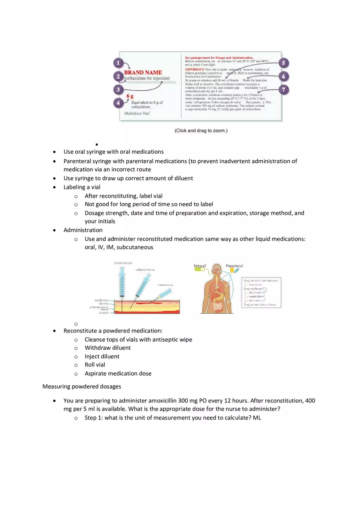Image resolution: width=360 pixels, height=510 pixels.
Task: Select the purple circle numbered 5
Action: tap(283, 63)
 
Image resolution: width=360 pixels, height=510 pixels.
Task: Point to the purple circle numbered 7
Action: tap(283, 90)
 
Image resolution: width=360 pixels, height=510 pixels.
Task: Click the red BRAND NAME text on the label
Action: tap(143, 72)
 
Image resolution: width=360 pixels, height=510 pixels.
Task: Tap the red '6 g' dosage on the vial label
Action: tap(130, 96)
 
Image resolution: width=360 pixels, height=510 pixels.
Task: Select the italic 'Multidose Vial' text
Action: tap(137, 113)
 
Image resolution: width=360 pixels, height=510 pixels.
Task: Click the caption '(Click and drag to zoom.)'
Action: tap(201, 130)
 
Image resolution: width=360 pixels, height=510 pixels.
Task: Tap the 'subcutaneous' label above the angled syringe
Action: tap(145, 270)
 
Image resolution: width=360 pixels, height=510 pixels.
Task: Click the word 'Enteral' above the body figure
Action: tap(200, 266)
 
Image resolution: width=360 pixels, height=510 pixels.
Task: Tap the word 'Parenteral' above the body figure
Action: tap(234, 266)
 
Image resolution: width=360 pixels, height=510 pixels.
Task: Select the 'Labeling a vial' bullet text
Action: tap(82, 187)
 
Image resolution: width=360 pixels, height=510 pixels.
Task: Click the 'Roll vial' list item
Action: tap(95, 365)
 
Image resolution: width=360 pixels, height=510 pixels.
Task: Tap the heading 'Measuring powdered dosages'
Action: tap(82, 386)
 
